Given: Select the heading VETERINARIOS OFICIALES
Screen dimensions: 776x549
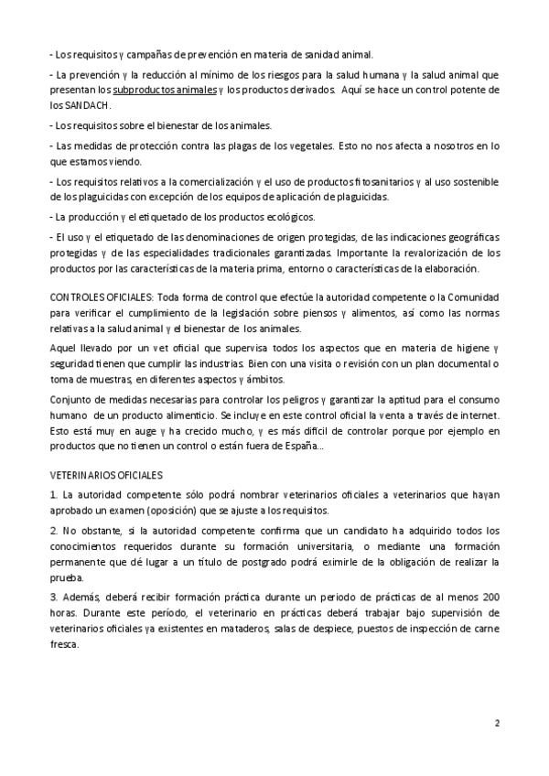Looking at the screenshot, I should (106, 476).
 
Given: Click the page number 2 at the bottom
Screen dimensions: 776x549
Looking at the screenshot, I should (497, 722).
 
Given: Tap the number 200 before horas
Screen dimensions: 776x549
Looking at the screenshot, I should (490, 597).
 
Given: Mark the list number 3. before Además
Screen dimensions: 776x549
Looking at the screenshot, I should (54, 597).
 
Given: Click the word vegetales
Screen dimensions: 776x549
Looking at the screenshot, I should (307, 145).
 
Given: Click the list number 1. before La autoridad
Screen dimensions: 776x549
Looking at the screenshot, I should (54, 495).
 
